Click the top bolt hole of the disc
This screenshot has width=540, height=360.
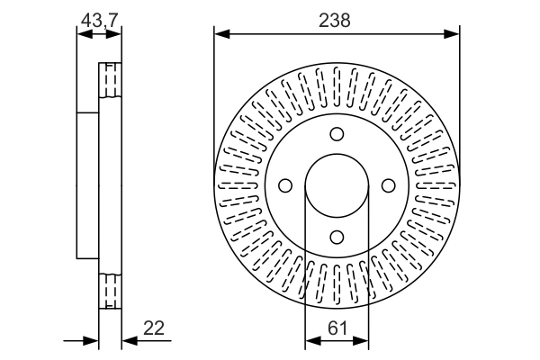pos(337,134)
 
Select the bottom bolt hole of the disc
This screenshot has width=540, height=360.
pos(337,237)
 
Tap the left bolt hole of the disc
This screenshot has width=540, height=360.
pos(286,185)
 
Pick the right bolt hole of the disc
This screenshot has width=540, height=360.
pos(389,185)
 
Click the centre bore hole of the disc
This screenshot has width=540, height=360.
pos(337,185)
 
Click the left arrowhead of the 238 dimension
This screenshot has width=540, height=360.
pos(220,34)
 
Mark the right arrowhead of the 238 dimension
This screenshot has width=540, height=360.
pos(454,34)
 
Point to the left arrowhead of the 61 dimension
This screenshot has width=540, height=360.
pos(311,340)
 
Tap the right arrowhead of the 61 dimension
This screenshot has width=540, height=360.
pos(364,340)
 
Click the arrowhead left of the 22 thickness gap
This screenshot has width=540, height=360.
pos(92,340)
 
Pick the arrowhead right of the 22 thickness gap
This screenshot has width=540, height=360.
pos(126,340)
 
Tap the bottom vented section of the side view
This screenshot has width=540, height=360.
pos(109,291)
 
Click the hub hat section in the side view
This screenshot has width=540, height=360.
pos(87,185)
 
